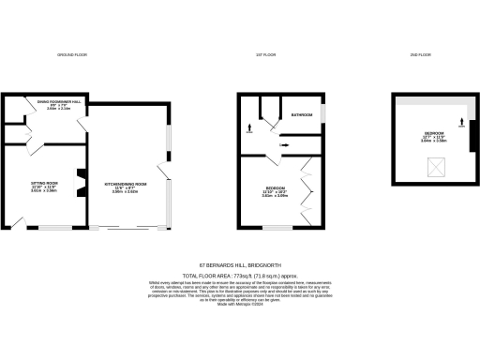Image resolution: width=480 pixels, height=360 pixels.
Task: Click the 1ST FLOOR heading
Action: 264,55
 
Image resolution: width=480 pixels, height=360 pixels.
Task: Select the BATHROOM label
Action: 301,114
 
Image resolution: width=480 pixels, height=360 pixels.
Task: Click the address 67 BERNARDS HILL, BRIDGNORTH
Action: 239,265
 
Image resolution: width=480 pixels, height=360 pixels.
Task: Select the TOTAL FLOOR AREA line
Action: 239,274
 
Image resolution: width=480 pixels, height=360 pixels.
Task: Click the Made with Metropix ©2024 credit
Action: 239,304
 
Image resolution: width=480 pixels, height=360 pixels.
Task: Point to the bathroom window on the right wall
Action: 324,113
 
